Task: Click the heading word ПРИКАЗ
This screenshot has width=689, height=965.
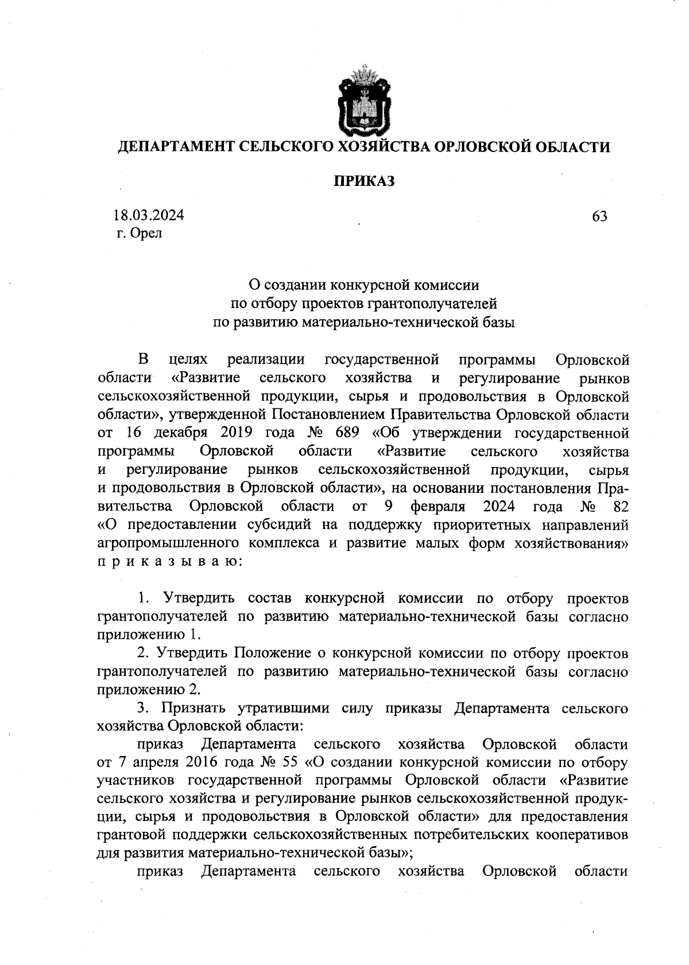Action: tap(365, 181)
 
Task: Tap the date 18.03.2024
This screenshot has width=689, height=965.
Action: tap(149, 216)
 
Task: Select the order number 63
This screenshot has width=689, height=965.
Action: tap(599, 216)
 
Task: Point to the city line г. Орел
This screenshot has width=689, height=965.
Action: tap(139, 234)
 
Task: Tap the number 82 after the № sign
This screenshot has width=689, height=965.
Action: tap(621, 507)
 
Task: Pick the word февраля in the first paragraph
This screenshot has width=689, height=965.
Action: tap(438, 507)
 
